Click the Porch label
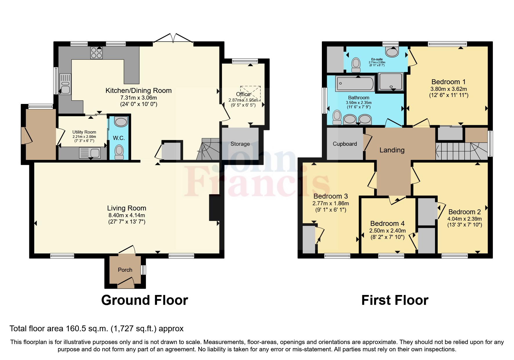pos(125,270)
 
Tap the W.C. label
pos(119,138)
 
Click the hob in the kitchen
pos(96,53)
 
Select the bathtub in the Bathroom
pos(355,84)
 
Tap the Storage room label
pos(240,144)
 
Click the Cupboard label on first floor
pos(345,144)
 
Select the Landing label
pos(392,150)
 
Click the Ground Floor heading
pos(145,300)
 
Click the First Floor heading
pos(395,300)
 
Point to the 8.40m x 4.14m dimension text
pos(127,215)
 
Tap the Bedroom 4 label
pos(387,224)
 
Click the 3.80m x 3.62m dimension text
pos(448,89)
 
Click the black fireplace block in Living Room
pos(214,208)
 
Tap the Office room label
pos(243,94)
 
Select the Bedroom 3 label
pos(331,196)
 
